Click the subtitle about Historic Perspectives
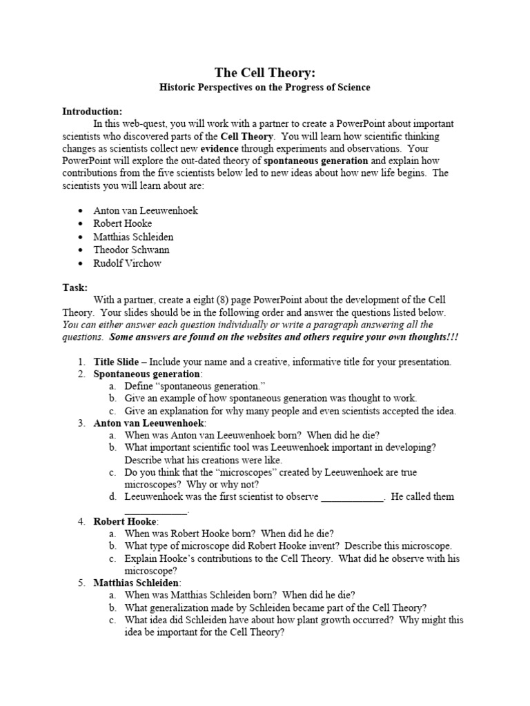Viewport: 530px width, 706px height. (265, 88)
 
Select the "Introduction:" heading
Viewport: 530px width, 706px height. (92, 111)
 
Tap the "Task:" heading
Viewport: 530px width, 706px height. (75, 288)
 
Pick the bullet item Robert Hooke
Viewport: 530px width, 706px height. (123, 223)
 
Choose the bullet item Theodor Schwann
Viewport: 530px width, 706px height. (131, 250)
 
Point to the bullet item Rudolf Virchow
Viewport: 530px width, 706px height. (128, 263)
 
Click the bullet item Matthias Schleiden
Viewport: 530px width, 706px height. (134, 236)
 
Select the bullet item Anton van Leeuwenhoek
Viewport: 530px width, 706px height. (146, 210)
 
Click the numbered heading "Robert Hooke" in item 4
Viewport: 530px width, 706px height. (126, 521)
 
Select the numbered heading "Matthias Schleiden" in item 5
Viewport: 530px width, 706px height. (137, 583)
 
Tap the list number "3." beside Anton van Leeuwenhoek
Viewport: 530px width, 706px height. (81, 423)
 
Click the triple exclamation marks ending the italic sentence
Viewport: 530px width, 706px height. (453, 337)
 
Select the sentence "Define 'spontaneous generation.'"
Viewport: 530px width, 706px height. (195, 386)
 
